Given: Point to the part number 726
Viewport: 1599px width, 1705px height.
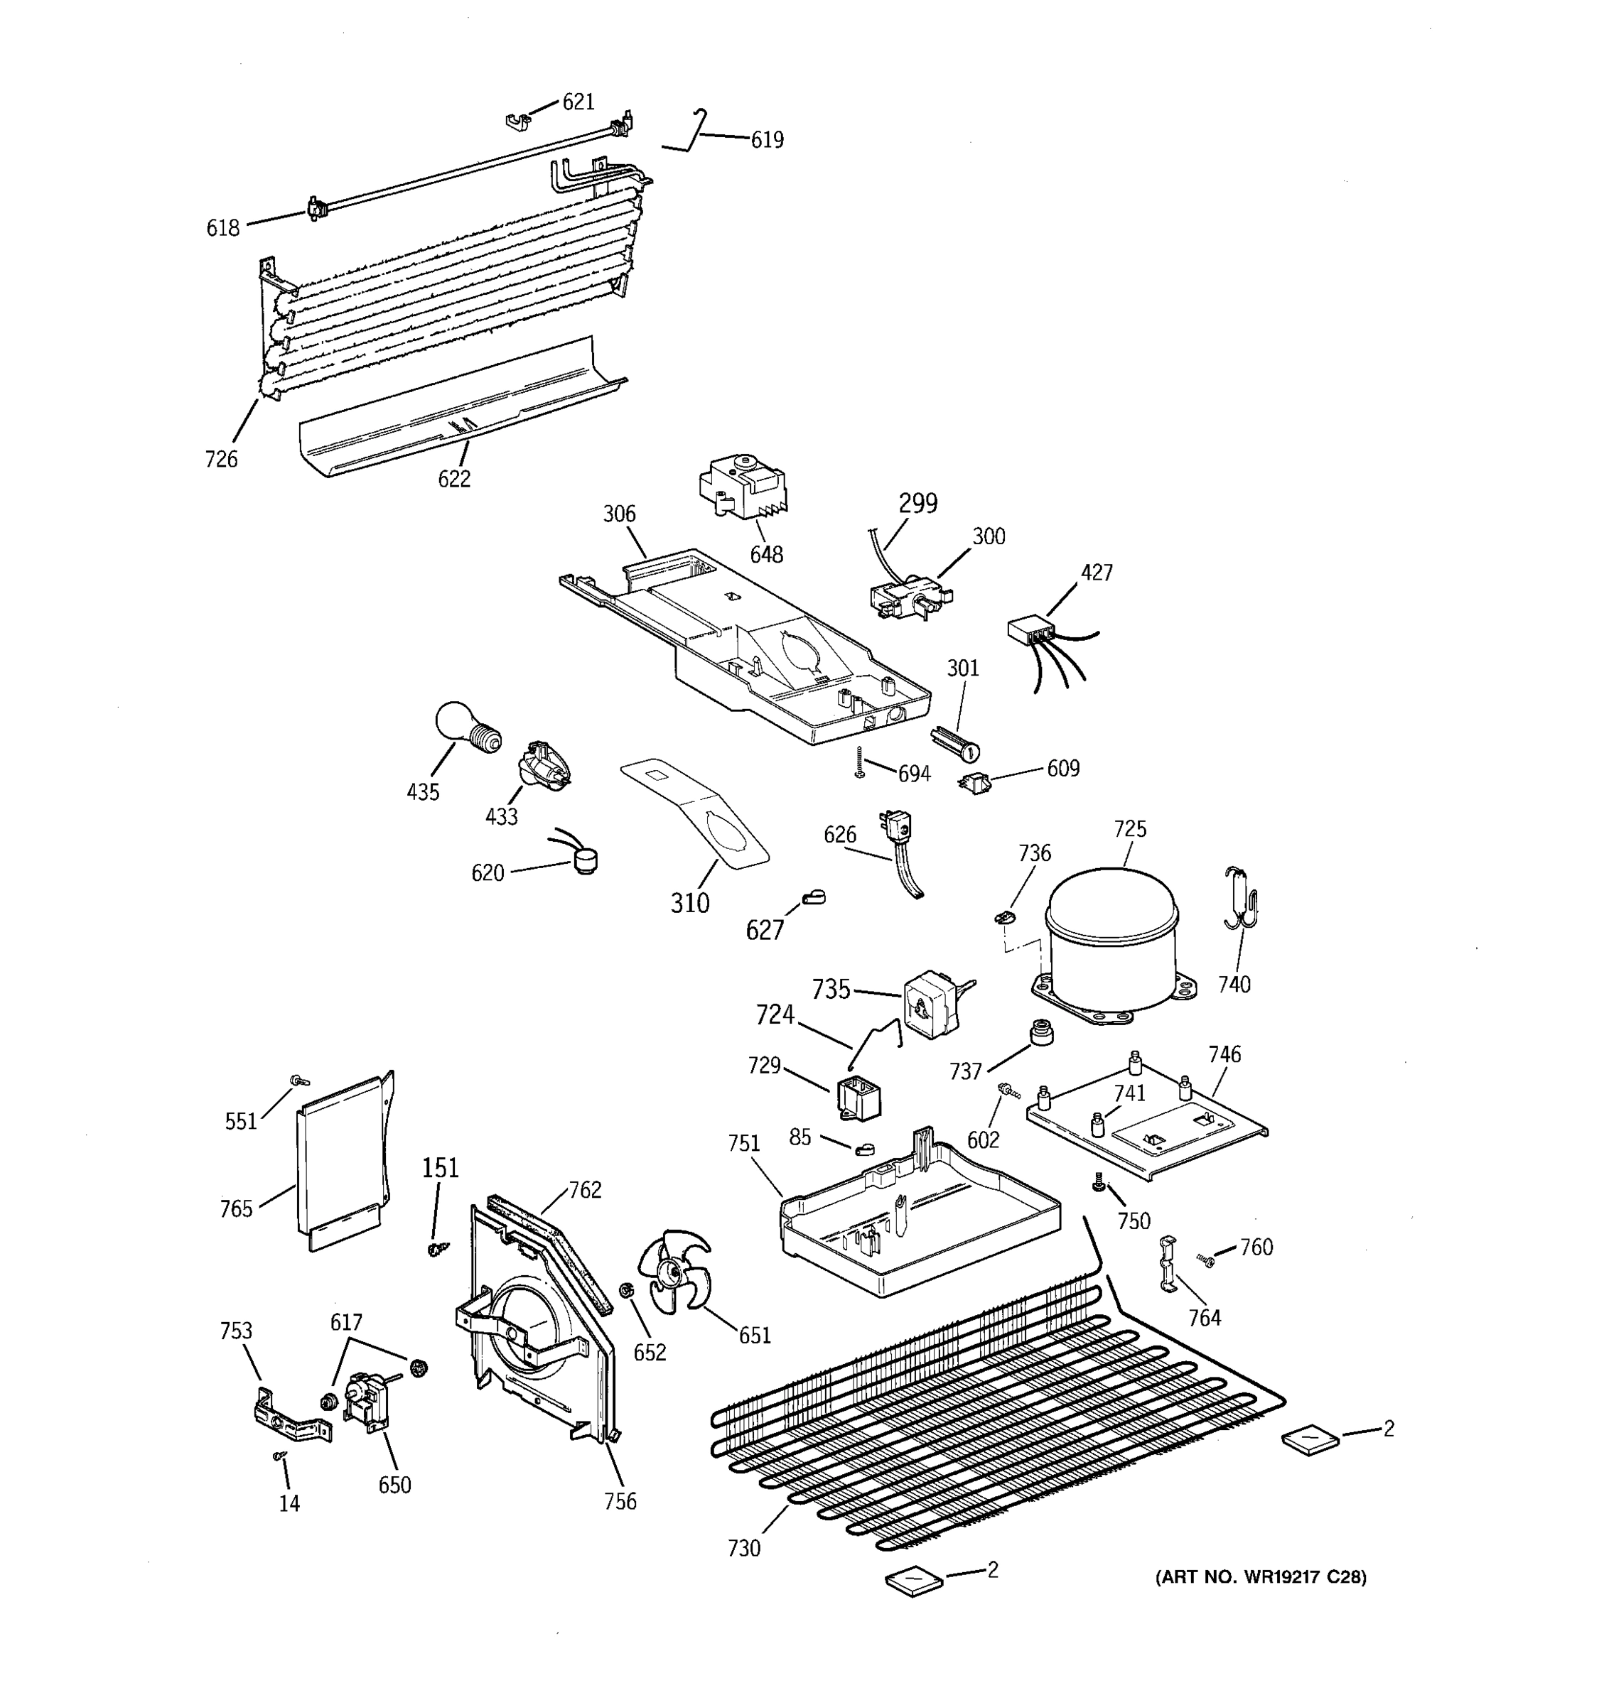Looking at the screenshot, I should pos(220,460).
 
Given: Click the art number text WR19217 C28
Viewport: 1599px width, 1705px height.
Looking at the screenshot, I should pos(1260,1577).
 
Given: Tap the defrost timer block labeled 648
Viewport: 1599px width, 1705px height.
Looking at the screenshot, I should pos(742,489).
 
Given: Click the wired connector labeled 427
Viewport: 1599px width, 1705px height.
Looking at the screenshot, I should pos(1031,632).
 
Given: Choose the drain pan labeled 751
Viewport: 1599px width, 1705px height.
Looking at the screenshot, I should pos(918,1218).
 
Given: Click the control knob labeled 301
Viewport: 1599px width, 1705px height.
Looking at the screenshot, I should pos(953,742).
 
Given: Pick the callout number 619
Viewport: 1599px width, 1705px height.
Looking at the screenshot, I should pos(767,140).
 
